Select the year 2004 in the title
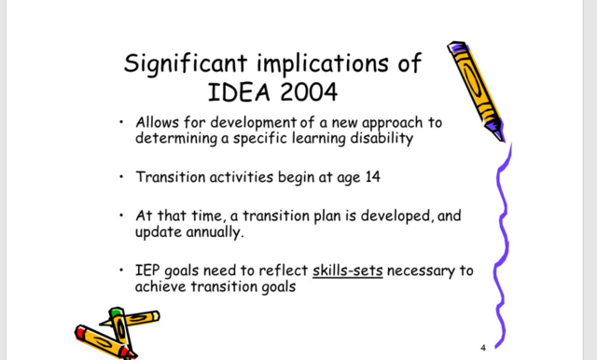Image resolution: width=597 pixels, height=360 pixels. coord(298,92)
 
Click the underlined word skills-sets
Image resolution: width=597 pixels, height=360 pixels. coord(348,271)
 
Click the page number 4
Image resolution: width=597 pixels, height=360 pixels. coord(483,348)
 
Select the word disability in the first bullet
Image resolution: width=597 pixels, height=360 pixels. coord(379,139)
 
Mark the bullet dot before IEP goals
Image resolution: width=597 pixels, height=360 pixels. coord(121,270)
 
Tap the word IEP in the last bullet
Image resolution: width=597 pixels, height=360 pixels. coord(149,271)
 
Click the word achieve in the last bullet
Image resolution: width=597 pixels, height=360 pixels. coord(164,287)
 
